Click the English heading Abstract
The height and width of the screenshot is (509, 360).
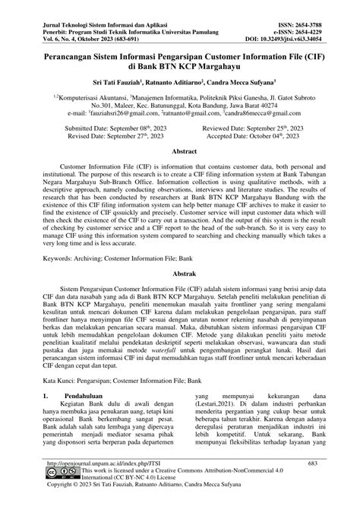tap(179, 152)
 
